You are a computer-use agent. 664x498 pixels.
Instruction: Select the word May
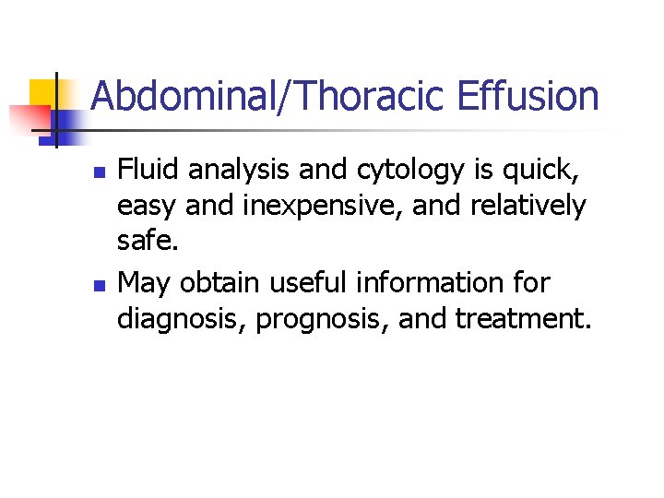[145, 281]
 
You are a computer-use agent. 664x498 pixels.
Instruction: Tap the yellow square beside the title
[42, 94]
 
